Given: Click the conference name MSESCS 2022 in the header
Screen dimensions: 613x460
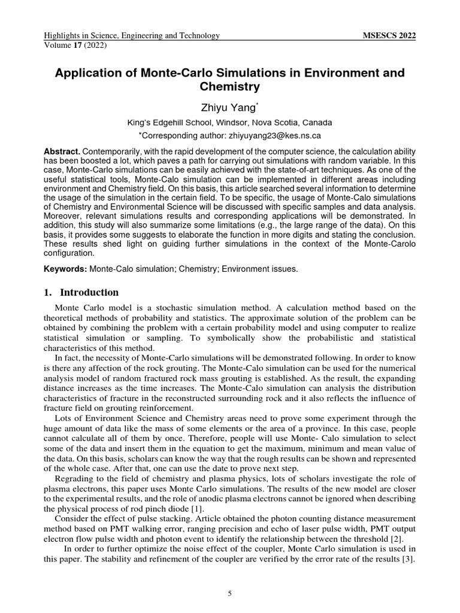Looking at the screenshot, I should coord(390,36).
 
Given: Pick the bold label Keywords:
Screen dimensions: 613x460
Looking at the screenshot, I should coord(66,269).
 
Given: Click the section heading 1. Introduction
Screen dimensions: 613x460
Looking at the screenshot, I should coord(82,293).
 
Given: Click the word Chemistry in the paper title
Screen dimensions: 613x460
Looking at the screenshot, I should coord(230,87).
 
